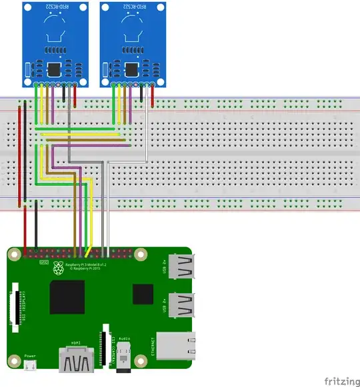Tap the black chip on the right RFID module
(131, 69)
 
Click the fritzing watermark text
(340, 381)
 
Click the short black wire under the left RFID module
(64, 95)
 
